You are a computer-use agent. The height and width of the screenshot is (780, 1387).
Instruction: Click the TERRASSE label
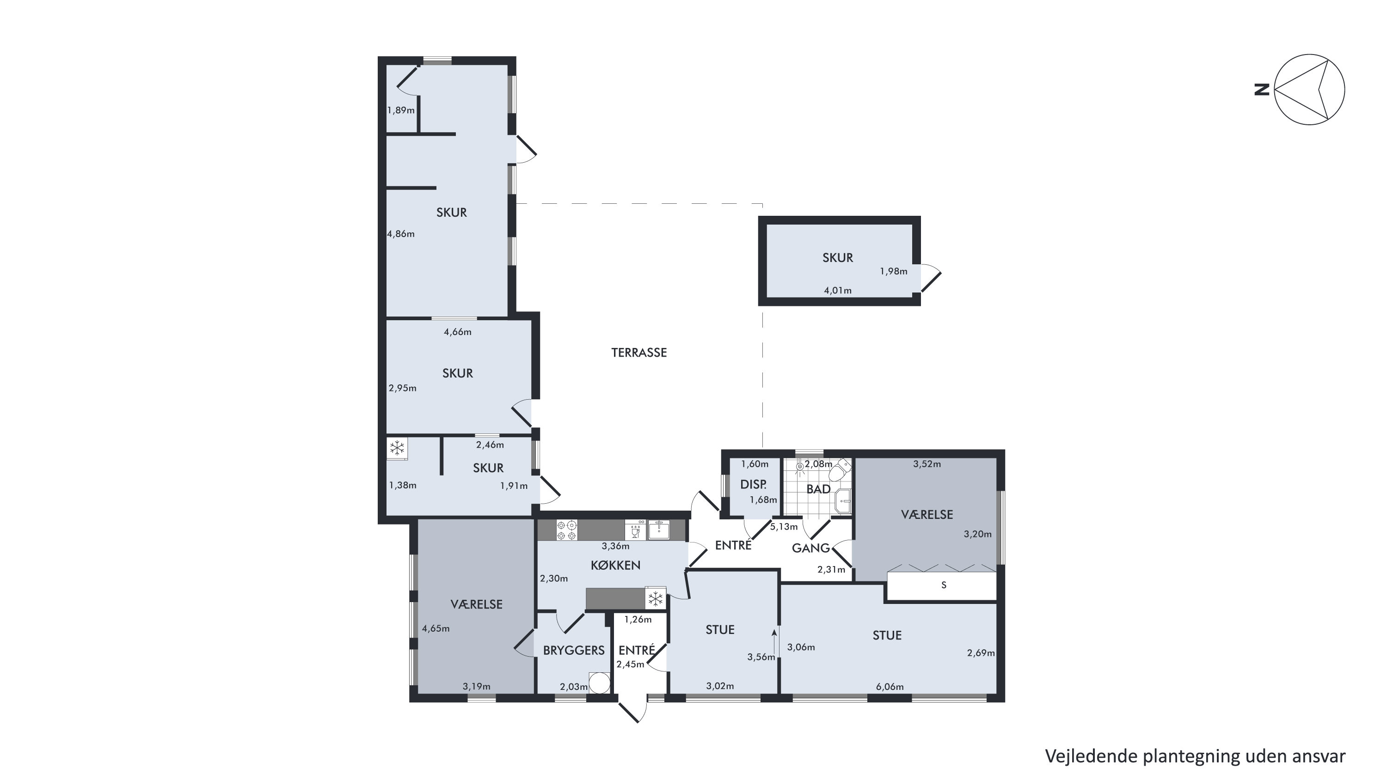[x=639, y=353]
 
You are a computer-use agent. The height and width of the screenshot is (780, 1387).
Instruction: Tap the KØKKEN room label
[x=615, y=565]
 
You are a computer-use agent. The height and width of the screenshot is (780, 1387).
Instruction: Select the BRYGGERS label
[x=574, y=650]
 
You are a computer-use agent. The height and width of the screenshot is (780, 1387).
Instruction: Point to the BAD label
[x=818, y=489]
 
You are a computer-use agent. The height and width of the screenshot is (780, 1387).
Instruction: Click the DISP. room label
[x=753, y=484]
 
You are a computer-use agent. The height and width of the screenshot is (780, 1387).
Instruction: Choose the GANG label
[x=811, y=548]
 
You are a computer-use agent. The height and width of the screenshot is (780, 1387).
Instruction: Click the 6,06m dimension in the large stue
[x=890, y=687]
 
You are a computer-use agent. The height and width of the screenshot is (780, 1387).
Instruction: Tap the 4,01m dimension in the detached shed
[x=838, y=291]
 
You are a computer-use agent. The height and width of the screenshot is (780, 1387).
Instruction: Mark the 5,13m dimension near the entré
[x=784, y=527]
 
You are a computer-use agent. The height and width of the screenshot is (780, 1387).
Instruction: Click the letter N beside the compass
[x=1262, y=89]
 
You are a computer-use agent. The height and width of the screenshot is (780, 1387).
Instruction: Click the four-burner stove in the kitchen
[x=566, y=530]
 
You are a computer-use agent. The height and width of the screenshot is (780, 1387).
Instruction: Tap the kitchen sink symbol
[x=659, y=530]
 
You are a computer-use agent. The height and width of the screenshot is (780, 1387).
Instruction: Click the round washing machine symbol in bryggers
[x=600, y=682]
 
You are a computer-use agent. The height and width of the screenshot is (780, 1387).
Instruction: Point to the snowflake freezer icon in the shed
[x=397, y=448]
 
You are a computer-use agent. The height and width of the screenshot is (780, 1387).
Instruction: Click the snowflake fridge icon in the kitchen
[x=655, y=598]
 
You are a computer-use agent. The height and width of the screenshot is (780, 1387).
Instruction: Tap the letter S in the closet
[x=943, y=585]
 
